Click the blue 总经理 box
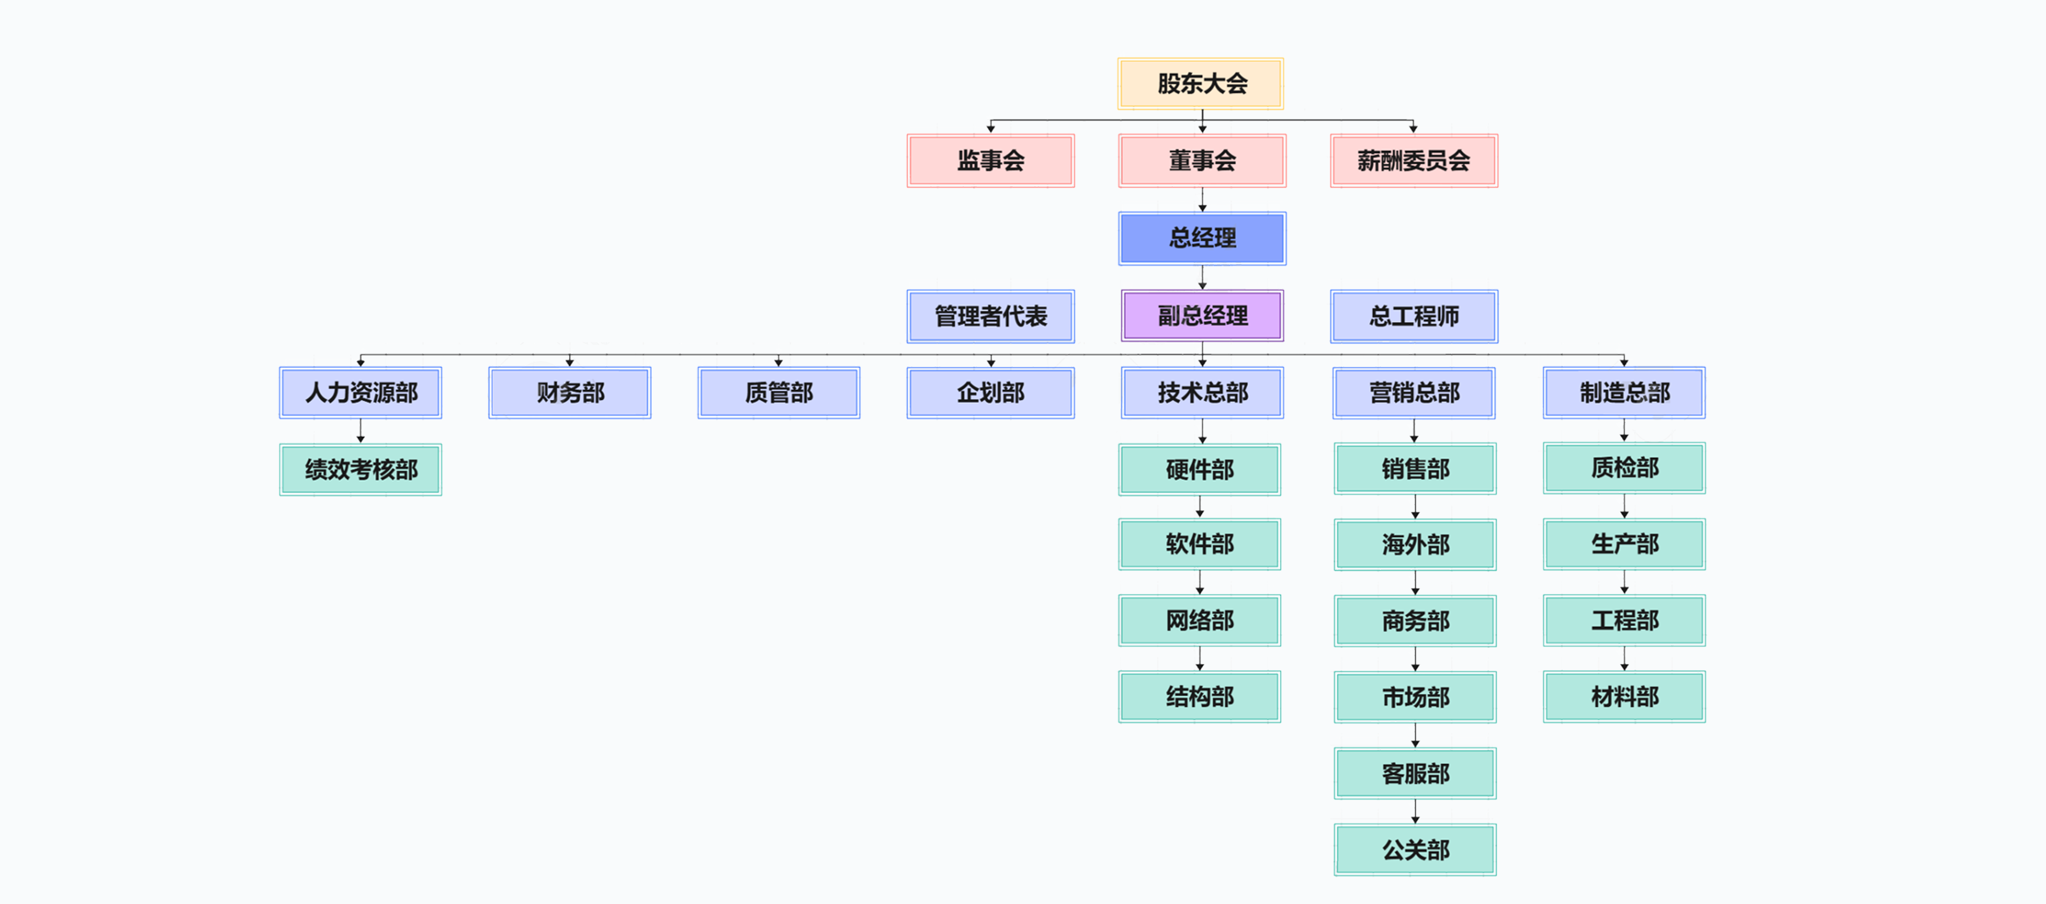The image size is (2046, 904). pyautogui.click(x=1201, y=237)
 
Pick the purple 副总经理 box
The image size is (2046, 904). pyautogui.click(x=1201, y=315)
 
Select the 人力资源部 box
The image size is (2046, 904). pyautogui.click(x=360, y=392)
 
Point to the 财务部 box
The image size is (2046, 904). pyautogui.click(x=570, y=392)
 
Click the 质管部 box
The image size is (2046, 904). pyautogui.click(x=778, y=392)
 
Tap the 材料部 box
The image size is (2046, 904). pyautogui.click(x=1624, y=696)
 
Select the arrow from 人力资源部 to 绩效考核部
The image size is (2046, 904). pyautogui.click(x=361, y=431)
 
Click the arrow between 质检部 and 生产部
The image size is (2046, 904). pyautogui.click(x=1624, y=506)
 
